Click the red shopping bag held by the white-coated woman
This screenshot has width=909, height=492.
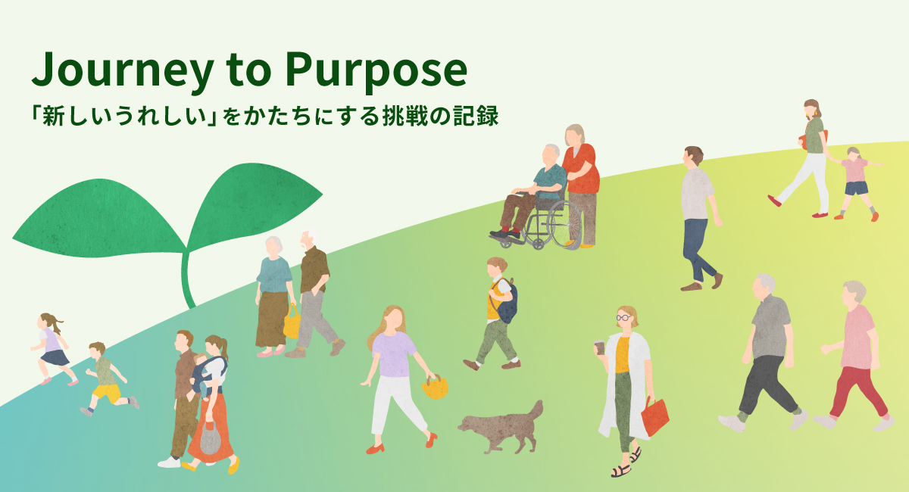click(654, 417)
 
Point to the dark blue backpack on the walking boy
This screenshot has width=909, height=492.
click(506, 301)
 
